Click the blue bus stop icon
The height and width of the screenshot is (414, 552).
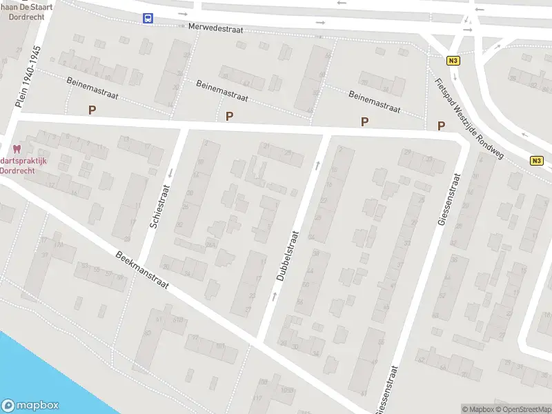(x=148, y=19)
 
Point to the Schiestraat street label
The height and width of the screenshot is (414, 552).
(x=159, y=206)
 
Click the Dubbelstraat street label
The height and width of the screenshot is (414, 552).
(x=290, y=256)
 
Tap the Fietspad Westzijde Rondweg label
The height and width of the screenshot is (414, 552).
(x=469, y=115)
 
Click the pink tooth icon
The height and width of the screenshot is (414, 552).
(x=17, y=148)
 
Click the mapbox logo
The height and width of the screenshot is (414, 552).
(x=30, y=406)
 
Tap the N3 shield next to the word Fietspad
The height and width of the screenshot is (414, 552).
(x=453, y=61)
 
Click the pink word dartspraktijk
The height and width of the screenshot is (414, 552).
(x=23, y=161)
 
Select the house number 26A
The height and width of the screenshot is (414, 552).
(x=210, y=244)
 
